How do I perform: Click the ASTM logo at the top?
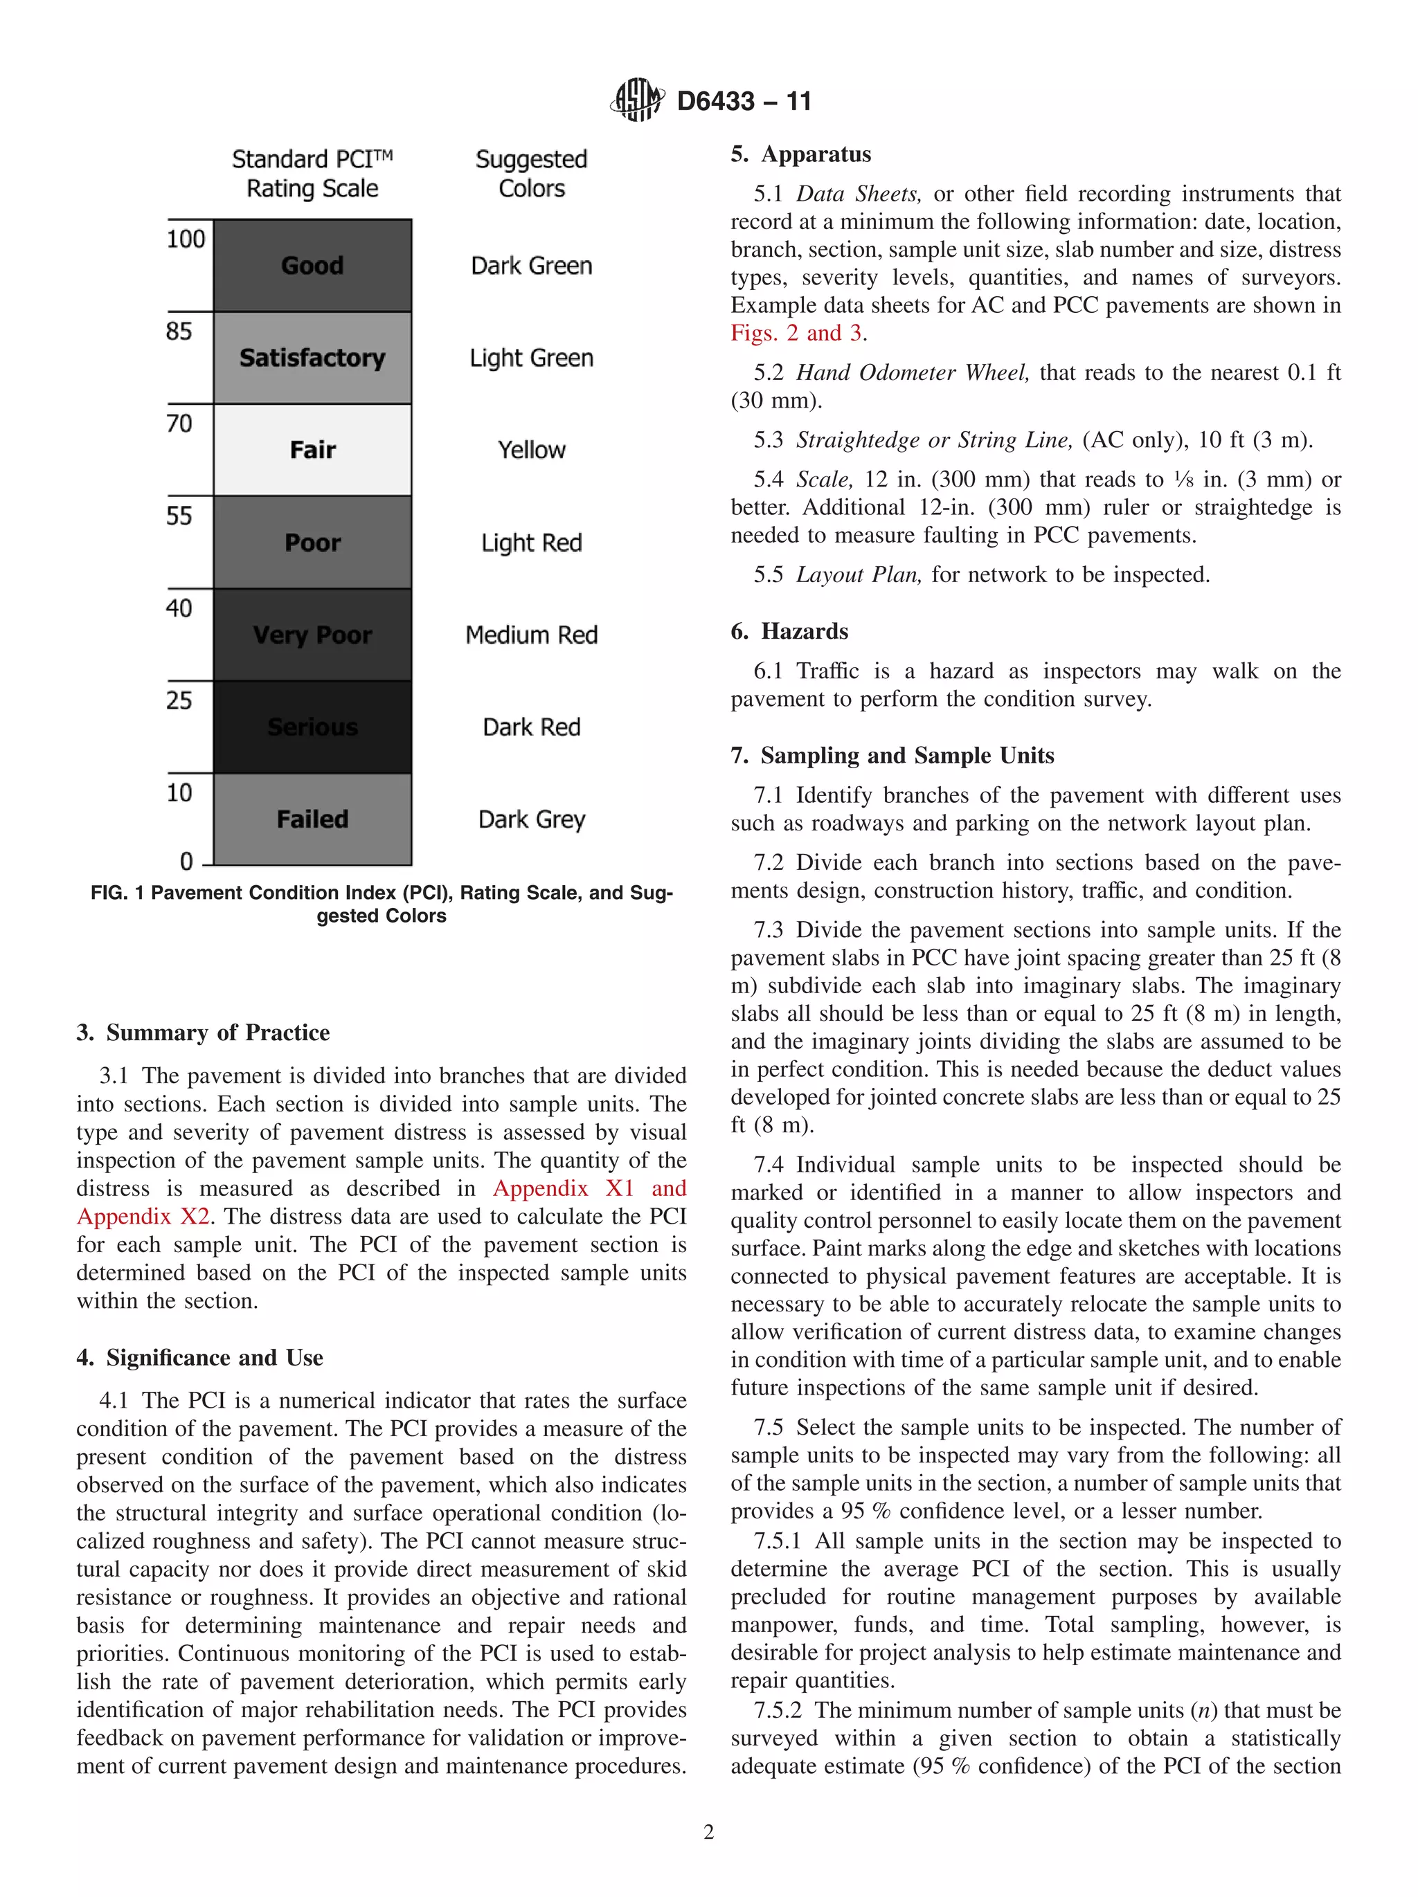coord(636,100)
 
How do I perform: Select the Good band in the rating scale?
coord(312,265)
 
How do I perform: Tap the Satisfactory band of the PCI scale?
coord(312,358)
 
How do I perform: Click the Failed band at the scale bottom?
coord(312,819)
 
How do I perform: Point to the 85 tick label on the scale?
coord(179,331)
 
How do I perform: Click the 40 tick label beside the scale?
coord(179,608)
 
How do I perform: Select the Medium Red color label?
coord(531,635)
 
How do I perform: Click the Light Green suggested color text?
coord(531,358)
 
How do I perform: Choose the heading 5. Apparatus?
coord(800,154)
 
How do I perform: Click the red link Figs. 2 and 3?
coord(796,333)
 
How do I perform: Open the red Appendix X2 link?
coord(143,1216)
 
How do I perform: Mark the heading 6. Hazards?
coord(789,631)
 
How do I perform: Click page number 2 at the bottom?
coord(708,1833)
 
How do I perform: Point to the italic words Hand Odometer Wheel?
coord(912,372)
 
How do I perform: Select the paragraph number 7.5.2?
coord(777,1710)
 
